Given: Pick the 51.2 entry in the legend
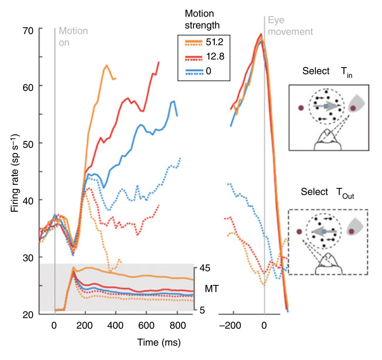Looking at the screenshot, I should (x=214, y=42).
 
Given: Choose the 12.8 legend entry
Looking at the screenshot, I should (x=214, y=56).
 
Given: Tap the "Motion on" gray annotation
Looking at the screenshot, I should (x=73, y=37).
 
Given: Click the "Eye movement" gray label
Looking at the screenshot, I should (x=290, y=26).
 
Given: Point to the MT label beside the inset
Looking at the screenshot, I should (x=211, y=289).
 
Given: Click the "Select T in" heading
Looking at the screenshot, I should (x=327, y=72).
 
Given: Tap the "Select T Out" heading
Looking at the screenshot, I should (x=327, y=193).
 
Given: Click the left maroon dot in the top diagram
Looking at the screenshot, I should (x=301, y=108).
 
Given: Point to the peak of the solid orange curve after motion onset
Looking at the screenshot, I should (x=107, y=65).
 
